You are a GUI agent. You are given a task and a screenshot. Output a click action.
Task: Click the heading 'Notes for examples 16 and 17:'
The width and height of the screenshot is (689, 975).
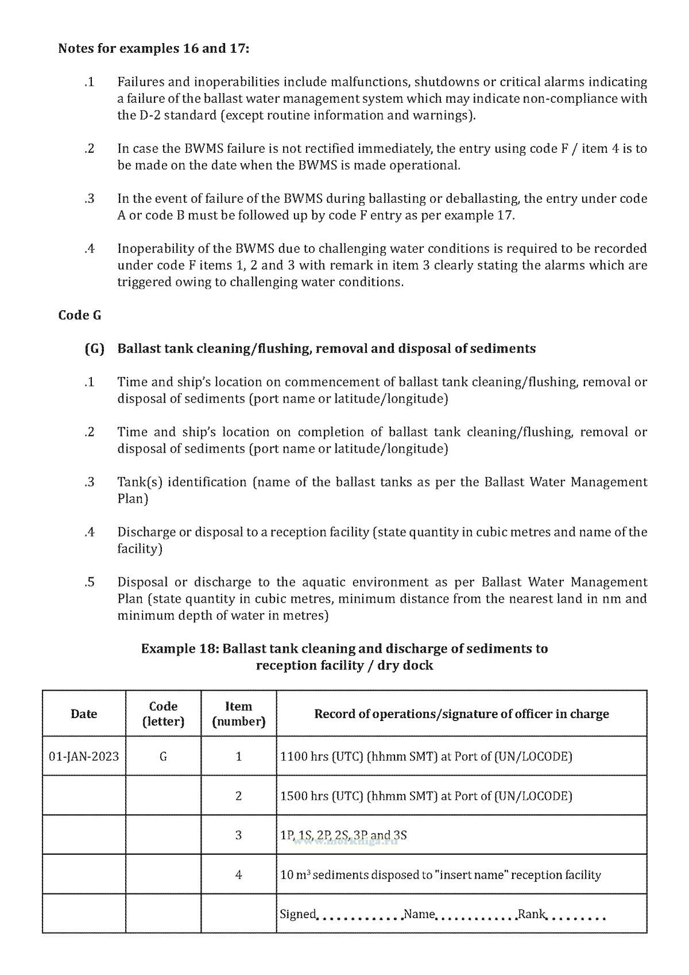153,48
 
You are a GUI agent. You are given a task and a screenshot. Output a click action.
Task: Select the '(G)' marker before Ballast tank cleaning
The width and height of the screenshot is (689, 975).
94,349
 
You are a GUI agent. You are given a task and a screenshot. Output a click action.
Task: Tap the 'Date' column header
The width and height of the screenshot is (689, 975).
84,714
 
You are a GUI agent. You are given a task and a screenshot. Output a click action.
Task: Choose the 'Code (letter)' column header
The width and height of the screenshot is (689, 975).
163,714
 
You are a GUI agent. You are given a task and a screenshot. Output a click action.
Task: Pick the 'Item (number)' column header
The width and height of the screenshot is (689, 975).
238,714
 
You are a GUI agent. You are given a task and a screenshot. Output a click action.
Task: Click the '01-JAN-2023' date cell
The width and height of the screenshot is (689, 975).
84,756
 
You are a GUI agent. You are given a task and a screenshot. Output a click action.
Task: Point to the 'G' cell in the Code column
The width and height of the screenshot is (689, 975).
163,756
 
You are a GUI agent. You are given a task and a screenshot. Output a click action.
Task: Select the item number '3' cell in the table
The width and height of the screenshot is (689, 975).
238,835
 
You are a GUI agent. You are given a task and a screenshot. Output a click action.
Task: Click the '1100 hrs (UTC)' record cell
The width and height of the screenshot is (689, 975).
426,756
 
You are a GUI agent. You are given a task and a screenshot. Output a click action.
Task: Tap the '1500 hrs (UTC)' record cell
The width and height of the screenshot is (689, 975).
426,796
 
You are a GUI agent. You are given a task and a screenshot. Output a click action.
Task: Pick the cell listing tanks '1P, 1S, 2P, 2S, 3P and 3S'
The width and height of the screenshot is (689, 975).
343,835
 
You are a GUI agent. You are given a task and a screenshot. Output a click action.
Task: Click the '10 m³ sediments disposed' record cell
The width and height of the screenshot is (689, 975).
440,874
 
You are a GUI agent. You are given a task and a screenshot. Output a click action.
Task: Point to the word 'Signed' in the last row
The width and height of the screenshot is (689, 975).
297,914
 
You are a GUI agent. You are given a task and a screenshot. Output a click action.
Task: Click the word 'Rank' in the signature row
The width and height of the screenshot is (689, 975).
531,914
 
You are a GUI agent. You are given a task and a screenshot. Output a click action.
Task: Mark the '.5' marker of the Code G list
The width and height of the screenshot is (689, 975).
89,582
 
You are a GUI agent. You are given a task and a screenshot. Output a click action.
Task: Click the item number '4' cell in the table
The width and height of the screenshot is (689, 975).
238,874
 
